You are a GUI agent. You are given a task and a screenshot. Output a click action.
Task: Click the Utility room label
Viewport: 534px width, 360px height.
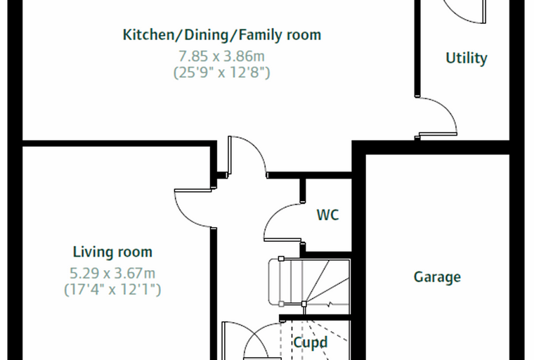pos(467,58)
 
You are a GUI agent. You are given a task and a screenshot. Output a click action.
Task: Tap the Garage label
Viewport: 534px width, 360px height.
pos(437,277)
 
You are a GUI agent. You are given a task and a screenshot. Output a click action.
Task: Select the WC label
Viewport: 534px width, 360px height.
pos(327,214)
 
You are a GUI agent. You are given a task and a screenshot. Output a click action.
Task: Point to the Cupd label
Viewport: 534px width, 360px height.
pos(311,342)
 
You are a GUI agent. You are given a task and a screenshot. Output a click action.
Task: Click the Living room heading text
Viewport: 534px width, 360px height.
pos(112,252)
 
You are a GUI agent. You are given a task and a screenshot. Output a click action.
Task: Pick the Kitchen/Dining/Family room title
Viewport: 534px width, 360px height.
pos(222,34)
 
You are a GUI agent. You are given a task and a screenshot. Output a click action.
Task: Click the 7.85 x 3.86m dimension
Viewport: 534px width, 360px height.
pos(222,56)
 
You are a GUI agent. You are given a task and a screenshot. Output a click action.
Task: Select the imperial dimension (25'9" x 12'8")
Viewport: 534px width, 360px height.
pos(222,72)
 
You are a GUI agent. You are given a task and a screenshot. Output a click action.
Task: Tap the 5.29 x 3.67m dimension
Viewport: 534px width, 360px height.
pos(112,273)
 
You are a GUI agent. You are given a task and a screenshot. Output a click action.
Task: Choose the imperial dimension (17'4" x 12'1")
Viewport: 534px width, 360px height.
pos(112,290)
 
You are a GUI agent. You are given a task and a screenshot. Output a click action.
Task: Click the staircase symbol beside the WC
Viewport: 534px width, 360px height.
pos(309,282)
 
